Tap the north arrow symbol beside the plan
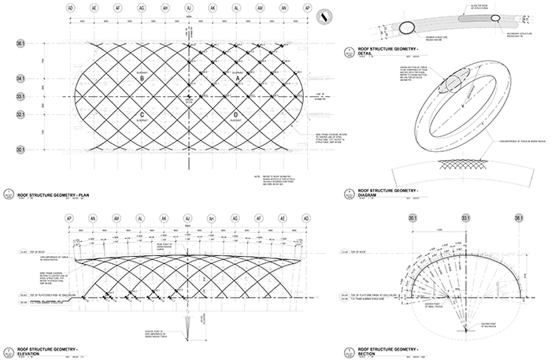click(324, 17)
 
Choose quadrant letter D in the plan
click(236, 115)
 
